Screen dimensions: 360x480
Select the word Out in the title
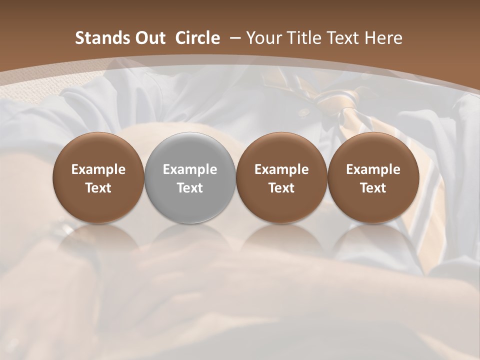[x=149, y=38]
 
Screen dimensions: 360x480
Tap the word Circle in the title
[x=197, y=38]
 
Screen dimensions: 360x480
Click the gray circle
[x=190, y=177]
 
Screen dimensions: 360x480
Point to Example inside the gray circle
[x=190, y=169]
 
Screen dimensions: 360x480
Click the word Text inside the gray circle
[x=190, y=188]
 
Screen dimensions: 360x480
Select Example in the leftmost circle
[x=98, y=169]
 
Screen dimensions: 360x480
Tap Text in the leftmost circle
[x=98, y=188]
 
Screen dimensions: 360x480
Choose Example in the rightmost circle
[x=373, y=169]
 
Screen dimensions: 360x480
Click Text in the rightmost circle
[x=373, y=188]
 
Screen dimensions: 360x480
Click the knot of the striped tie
[x=327, y=97]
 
